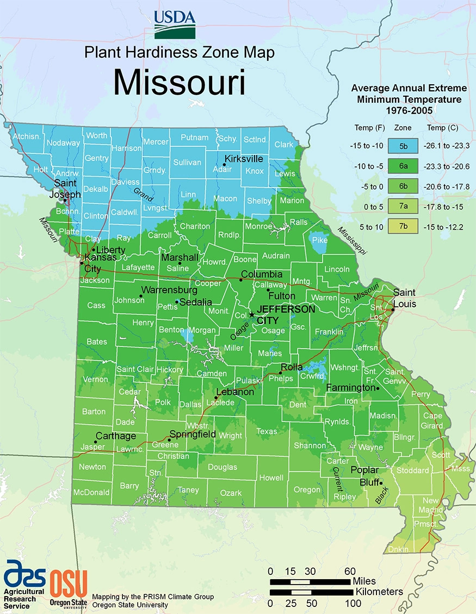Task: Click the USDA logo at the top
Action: click(x=174, y=24)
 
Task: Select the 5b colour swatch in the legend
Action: click(x=403, y=145)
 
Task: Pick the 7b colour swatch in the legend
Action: click(x=403, y=226)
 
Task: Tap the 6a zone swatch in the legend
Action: click(x=403, y=165)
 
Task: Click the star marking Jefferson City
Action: click(x=251, y=314)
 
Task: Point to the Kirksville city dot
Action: click(x=224, y=164)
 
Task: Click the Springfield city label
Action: click(x=193, y=435)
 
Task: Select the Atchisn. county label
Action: click(x=27, y=136)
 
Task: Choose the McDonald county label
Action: click(x=91, y=492)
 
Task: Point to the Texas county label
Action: click(x=267, y=431)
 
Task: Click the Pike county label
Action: click(x=319, y=240)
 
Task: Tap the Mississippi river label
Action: click(x=351, y=240)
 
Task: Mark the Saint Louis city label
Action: click(x=404, y=298)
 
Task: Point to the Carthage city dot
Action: click(x=95, y=442)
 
